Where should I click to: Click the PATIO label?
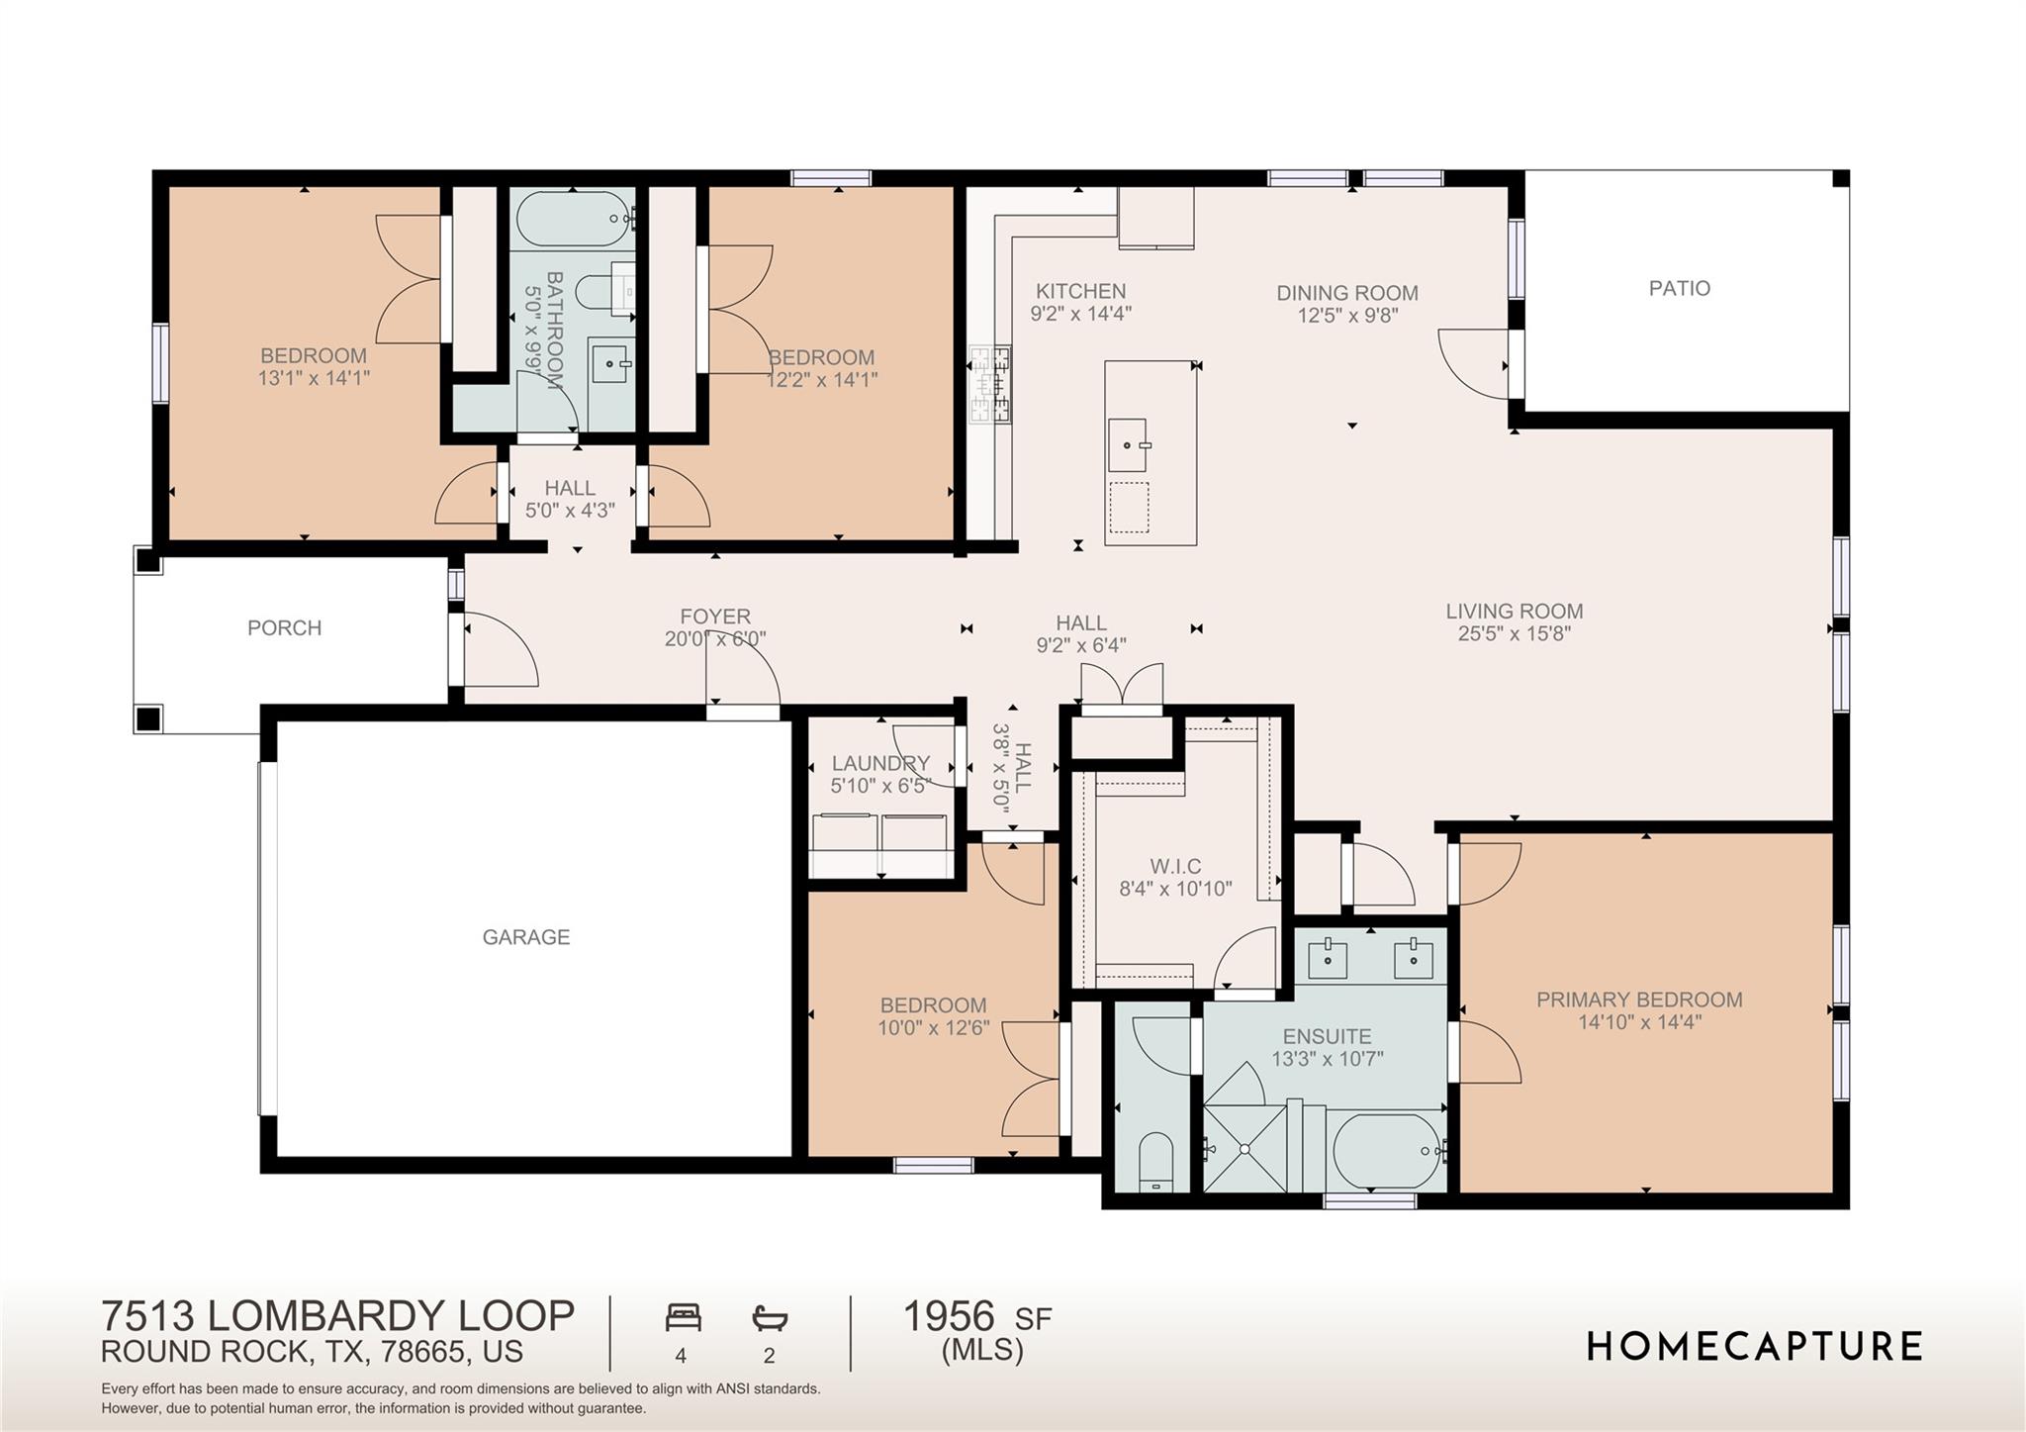coord(1679,288)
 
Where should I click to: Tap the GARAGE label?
coord(525,936)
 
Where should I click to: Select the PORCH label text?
coord(284,627)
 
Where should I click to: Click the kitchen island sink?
coord(1128,445)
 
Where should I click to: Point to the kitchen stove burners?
coord(989,384)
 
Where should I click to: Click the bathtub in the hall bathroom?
coord(573,219)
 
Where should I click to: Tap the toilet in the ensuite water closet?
coord(1154,1162)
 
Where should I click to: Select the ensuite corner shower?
coord(1244,1148)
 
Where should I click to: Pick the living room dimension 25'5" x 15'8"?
coord(1514,634)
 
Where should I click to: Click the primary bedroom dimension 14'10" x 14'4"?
coord(1639,1022)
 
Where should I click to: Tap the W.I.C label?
coord(1175,866)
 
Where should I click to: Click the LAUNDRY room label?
coord(879,763)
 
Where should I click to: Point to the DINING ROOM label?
coord(1346,293)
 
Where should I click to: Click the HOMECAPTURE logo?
coord(1755,1347)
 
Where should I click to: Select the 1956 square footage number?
coord(948,1316)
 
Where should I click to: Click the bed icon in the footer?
coord(683,1318)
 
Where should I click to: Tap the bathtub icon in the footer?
coord(769,1318)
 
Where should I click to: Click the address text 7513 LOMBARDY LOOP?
coord(337,1316)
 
